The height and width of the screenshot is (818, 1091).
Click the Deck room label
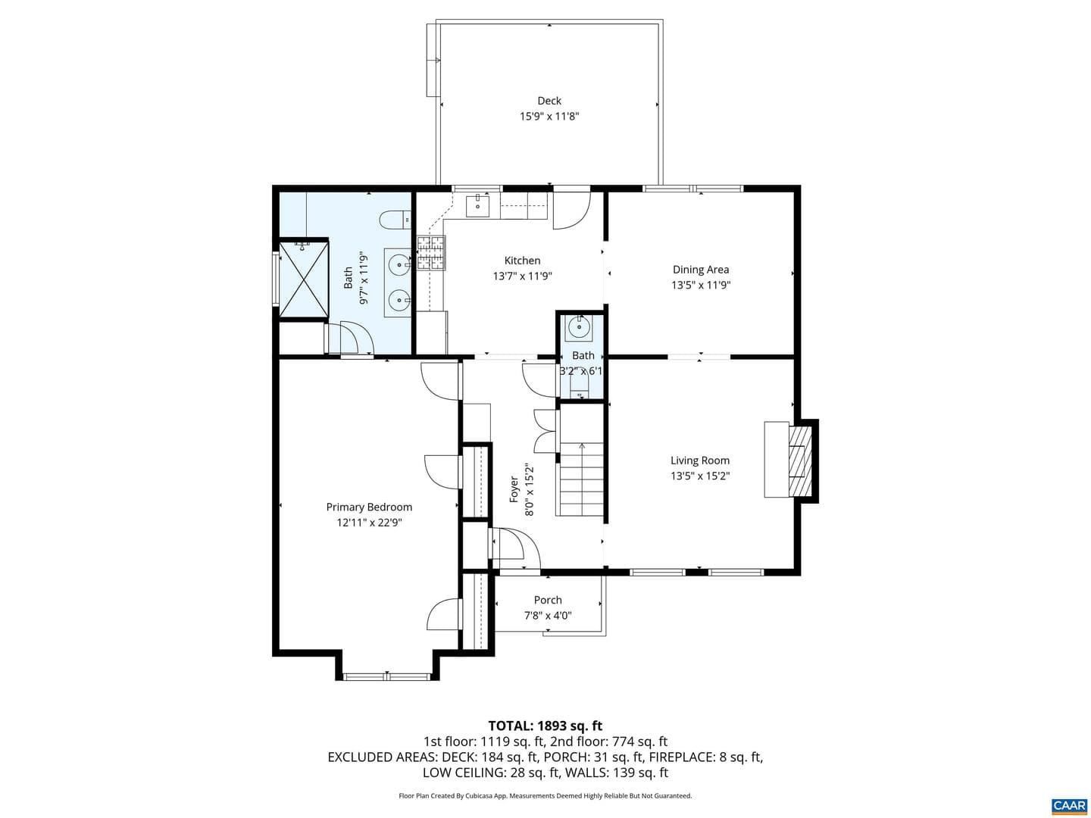pos(549,101)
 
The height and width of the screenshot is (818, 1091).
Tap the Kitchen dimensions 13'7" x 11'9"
pos(522,276)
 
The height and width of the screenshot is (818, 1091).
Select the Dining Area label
pos(700,270)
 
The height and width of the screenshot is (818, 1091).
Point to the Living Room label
pos(700,461)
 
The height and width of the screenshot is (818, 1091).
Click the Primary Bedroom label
pos(369,507)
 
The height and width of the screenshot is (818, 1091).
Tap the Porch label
pos(548,600)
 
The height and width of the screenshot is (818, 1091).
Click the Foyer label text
pos(514,490)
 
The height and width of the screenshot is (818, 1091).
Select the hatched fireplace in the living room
pos(800,461)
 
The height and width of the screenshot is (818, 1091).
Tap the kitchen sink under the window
pos(477,206)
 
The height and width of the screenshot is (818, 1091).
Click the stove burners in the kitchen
pos(430,253)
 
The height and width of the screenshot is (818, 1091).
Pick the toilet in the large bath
pos(395,220)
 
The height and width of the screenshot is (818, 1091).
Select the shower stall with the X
pos(303,279)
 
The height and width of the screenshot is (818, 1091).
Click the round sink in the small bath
pos(579,328)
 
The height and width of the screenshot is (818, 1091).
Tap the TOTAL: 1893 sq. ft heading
pos(545,726)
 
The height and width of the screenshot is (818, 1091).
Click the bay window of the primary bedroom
pos(387,676)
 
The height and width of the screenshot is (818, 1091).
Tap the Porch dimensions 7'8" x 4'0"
pos(548,616)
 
